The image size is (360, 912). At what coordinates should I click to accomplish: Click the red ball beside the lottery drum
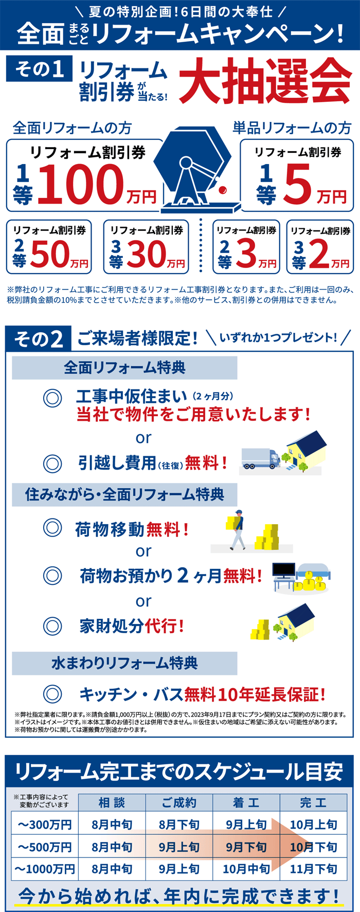[x=222, y=190]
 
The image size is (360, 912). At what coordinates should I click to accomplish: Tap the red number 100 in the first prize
[x=81, y=184]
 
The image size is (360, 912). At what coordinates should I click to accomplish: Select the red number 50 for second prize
[x=50, y=254]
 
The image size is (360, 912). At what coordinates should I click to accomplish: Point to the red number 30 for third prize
[x=147, y=254]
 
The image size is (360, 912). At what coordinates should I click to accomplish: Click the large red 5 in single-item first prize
[x=298, y=183]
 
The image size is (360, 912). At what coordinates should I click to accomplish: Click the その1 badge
[x=39, y=68]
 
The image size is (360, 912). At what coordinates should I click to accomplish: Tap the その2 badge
[x=39, y=338]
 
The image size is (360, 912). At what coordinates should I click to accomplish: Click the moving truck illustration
[x=261, y=458]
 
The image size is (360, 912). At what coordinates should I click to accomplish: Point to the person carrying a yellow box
[x=237, y=530]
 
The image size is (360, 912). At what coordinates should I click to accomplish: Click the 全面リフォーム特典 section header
[x=124, y=368]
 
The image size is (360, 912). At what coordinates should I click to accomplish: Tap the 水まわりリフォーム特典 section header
[x=124, y=663]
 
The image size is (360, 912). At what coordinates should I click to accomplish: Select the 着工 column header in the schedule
[x=246, y=802]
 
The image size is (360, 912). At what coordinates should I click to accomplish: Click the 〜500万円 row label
[x=45, y=847]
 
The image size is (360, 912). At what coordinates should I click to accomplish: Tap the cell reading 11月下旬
[x=314, y=869]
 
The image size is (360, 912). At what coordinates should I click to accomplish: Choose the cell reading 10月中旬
[x=246, y=869]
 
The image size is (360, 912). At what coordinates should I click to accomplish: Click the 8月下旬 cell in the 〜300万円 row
[x=179, y=825]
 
